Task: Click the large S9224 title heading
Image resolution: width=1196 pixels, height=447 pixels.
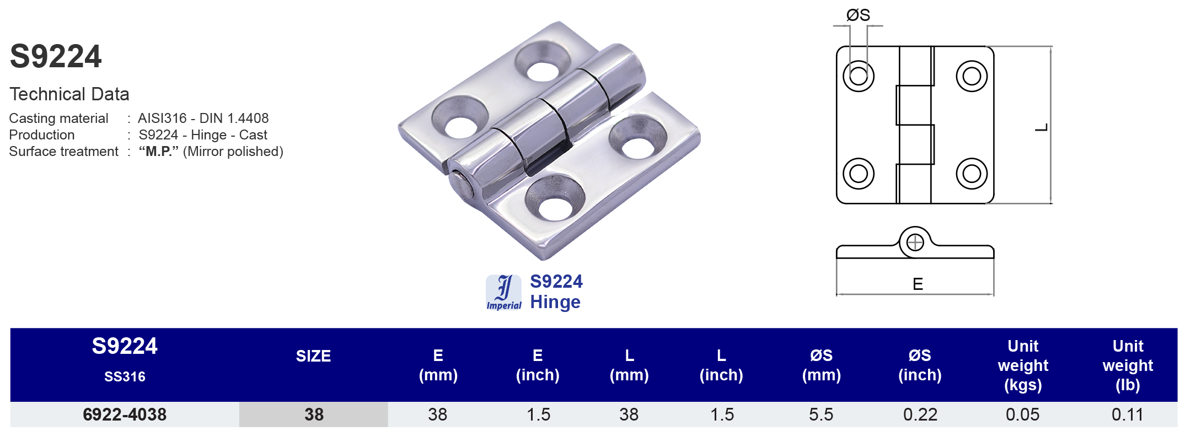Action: tap(56, 57)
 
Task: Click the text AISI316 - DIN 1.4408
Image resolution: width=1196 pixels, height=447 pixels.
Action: tap(203, 119)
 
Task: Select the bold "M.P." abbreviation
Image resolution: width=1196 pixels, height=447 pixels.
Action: tap(159, 152)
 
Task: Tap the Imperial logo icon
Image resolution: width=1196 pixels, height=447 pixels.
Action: tap(503, 293)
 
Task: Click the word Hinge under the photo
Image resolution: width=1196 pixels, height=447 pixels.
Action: tap(555, 303)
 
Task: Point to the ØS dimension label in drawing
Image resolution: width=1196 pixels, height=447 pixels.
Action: tap(858, 15)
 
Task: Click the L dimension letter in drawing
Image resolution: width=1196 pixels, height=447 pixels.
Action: tap(1042, 128)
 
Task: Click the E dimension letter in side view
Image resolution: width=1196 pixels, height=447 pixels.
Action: tap(918, 284)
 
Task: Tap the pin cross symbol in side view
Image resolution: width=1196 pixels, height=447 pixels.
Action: tap(915, 243)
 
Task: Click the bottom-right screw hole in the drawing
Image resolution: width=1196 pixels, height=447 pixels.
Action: tap(971, 174)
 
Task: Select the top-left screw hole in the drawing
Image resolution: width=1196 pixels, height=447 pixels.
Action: tap(859, 76)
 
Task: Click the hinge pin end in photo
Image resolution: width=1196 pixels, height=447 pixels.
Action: tap(460, 185)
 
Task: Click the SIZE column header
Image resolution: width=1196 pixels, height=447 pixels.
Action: tap(313, 356)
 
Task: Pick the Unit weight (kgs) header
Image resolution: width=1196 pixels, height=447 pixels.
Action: tap(1023, 365)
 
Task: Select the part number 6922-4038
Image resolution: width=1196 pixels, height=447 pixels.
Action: tap(125, 414)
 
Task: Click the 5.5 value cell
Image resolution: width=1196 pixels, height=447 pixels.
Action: tap(821, 414)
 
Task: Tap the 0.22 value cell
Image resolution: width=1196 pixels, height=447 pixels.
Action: tap(920, 414)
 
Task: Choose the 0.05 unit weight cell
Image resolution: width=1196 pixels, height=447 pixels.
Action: tap(1022, 414)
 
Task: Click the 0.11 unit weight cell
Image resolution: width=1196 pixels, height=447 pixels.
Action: tap(1127, 414)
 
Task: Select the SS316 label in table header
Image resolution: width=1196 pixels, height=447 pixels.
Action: tap(125, 377)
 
